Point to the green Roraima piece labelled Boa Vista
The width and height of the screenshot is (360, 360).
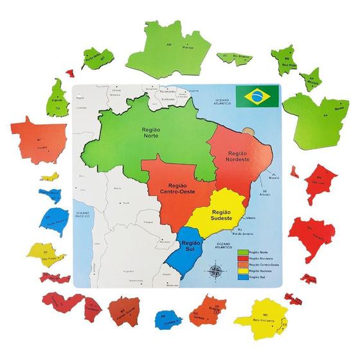coord(282,58)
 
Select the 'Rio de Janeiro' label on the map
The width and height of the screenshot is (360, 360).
coord(245,233)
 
